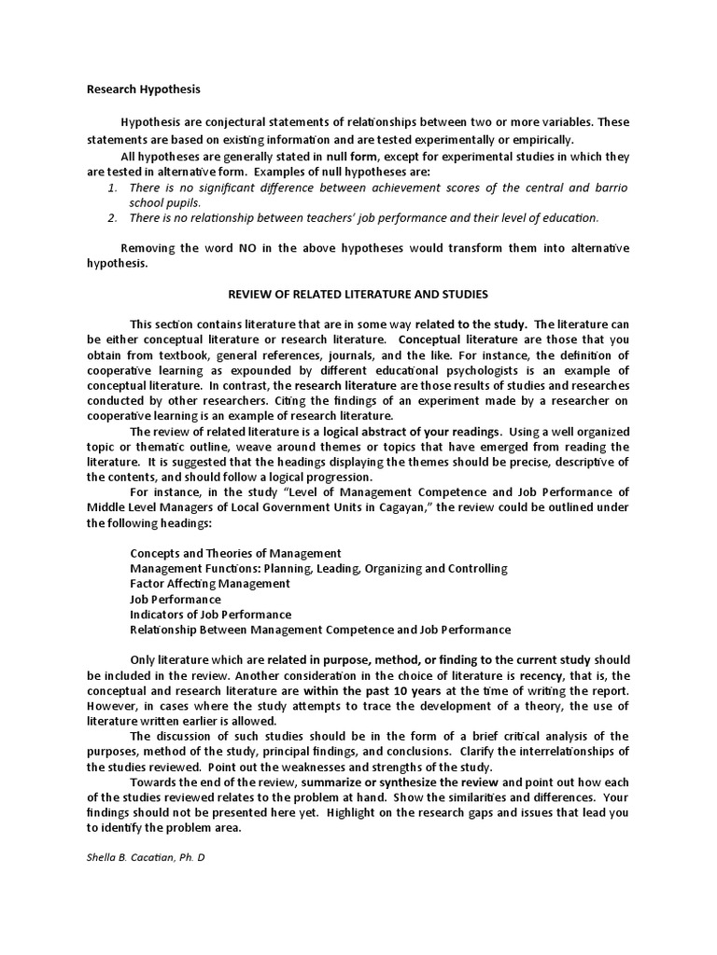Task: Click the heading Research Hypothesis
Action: [143, 90]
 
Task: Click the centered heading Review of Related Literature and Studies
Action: [358, 295]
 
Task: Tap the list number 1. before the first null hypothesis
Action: [111, 187]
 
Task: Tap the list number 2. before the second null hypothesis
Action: [111, 218]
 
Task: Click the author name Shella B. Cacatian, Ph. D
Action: [146, 857]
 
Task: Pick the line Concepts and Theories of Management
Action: [235, 553]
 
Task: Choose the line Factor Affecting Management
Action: [210, 584]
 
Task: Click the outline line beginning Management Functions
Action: [318, 568]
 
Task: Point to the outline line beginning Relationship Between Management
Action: [320, 630]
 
